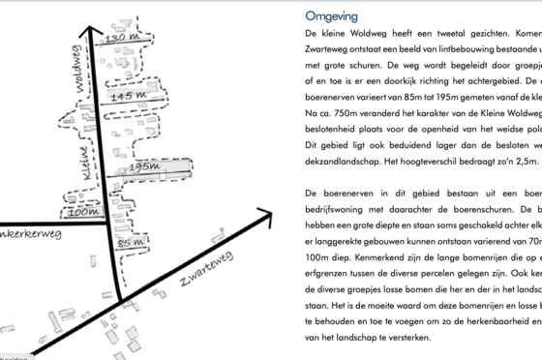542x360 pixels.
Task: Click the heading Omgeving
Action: pos(331,16)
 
